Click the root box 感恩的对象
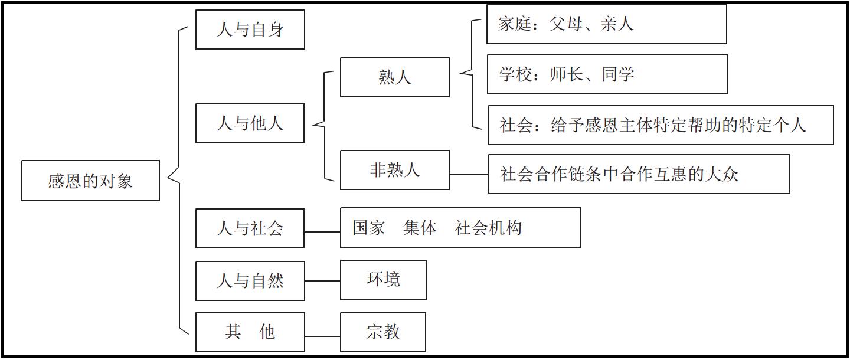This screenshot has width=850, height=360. pos(90,181)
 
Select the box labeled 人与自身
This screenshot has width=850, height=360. pos(250,30)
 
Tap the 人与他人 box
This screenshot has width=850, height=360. pos(250,123)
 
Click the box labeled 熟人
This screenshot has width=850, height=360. pos(394,77)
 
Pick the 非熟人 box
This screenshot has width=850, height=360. pos(394,170)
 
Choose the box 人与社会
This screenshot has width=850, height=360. pos(250,228)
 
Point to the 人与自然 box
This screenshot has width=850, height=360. pos(250,281)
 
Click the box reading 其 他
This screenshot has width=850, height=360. pos(250,332)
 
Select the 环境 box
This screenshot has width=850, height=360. pos(383,280)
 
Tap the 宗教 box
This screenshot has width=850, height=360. pos(383,332)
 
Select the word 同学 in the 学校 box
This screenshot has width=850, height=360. pos(618,75)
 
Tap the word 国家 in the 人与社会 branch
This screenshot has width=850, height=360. pos(369,228)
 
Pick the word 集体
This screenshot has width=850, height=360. pos(420,228)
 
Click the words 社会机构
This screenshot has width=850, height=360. pos(488,228)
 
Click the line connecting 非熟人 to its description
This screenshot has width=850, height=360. pos(469,174)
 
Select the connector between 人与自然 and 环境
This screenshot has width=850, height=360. pos(322,281)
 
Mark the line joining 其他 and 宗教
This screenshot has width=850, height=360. pos(322,336)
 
